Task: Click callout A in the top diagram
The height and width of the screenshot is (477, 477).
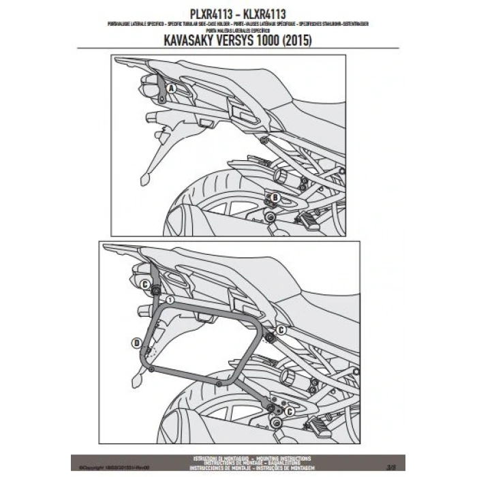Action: coord(171,89)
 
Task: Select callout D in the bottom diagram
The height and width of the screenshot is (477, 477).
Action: coord(138,341)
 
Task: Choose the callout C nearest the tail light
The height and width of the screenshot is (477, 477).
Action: coord(145,283)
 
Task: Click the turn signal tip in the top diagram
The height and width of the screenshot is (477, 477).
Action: coord(144,180)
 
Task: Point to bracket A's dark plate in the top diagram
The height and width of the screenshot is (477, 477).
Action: coord(160,91)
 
